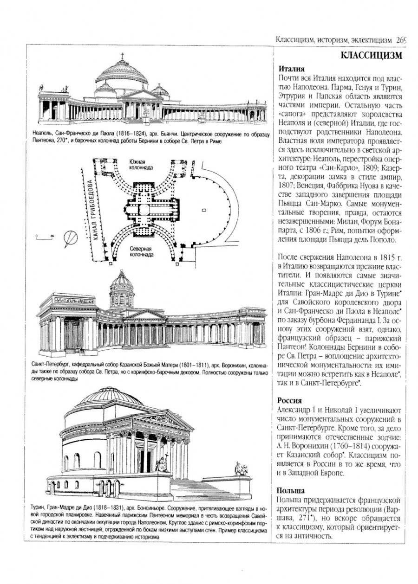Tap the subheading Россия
tap(289, 400)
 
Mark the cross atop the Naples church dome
tap(123, 55)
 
